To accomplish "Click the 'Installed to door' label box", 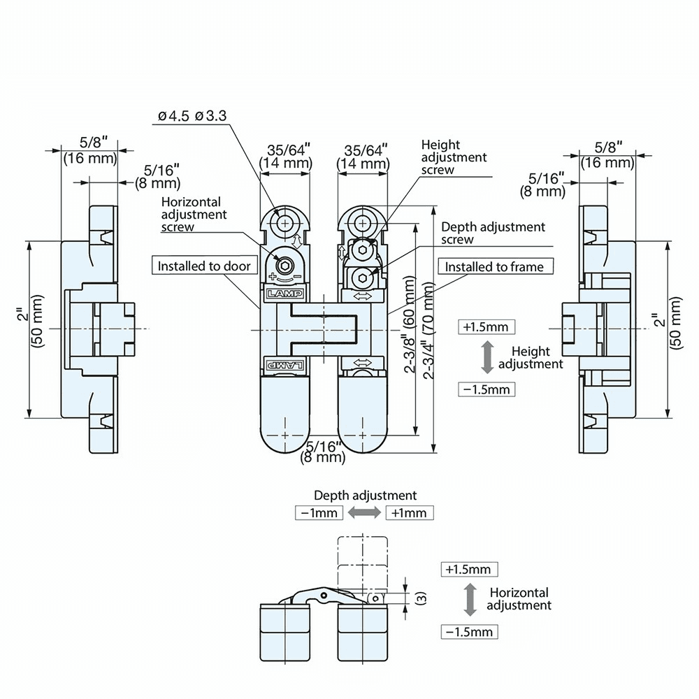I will pos(204,266).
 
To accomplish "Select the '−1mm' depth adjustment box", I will pos(319,512).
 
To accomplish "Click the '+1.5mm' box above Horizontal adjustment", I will pos(470,569).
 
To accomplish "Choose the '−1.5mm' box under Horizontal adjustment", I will pos(470,632).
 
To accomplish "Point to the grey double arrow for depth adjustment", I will pos(364,512).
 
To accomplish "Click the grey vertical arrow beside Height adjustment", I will pos(487,357).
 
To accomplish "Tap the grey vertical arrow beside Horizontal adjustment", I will pos(470,600).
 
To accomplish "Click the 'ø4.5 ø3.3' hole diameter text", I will pos(192,117).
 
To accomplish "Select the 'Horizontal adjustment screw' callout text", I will pos(194,214).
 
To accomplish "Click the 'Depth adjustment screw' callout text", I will pos(493,233).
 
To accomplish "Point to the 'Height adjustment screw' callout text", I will pos(454,157).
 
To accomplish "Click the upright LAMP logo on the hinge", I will pos(284,294).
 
